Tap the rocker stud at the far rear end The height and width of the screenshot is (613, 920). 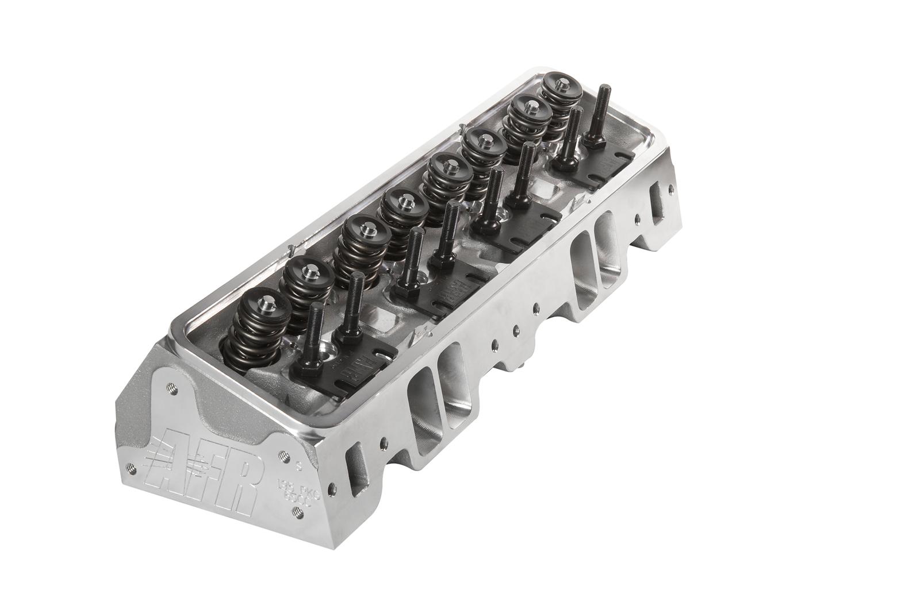click(601, 109)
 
